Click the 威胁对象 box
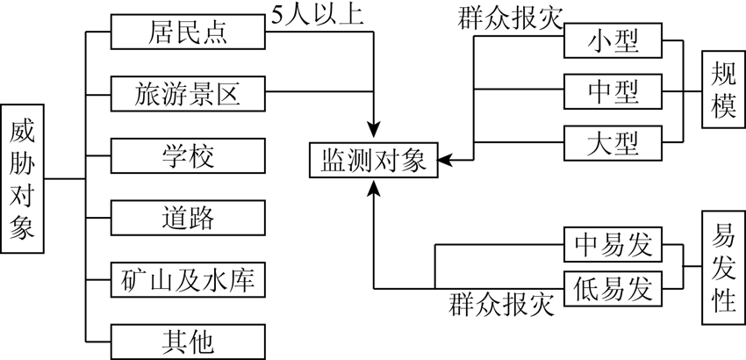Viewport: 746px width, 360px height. click(x=22, y=179)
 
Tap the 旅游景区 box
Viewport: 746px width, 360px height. click(x=187, y=92)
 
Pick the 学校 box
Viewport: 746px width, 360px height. click(x=187, y=155)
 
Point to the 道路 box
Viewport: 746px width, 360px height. click(x=187, y=216)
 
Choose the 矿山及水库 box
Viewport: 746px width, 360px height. click(x=187, y=278)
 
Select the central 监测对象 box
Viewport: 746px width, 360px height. click(x=373, y=161)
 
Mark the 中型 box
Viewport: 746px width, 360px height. click(x=612, y=90)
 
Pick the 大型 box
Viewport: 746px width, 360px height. click(x=612, y=141)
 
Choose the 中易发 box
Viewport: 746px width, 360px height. click(x=612, y=245)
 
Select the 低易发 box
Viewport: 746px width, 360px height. click(x=612, y=287)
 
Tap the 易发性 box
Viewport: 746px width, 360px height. click(x=723, y=267)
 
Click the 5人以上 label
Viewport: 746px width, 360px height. click(x=318, y=15)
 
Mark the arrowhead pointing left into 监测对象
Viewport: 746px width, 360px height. click(x=444, y=161)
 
